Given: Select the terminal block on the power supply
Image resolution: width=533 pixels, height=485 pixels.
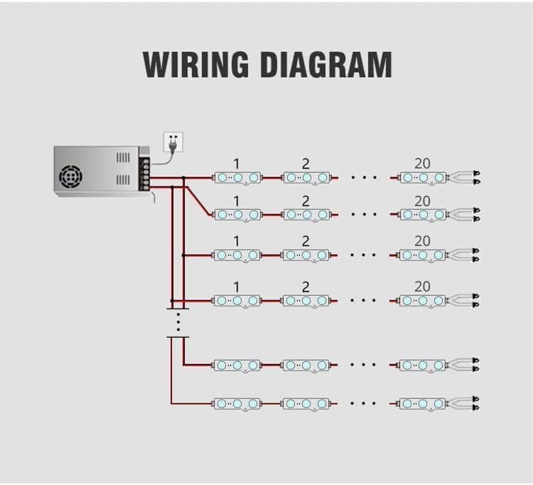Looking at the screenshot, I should click(x=146, y=174).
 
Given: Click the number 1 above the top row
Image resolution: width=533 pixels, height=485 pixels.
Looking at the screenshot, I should click(x=236, y=163).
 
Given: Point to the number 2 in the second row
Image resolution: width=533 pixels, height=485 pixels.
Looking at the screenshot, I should click(x=306, y=201).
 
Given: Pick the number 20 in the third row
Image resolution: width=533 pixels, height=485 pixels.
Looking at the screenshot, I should click(x=422, y=242).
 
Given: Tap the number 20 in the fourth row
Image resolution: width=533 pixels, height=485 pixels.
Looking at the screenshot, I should click(x=422, y=286).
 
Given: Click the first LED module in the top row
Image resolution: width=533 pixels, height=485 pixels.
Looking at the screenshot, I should click(x=237, y=177).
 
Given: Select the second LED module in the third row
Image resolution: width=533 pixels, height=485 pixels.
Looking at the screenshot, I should click(x=306, y=255).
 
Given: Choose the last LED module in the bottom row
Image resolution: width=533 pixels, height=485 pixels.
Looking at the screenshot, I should click(x=423, y=403).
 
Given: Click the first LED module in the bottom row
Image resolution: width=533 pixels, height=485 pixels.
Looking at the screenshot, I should click(x=237, y=403).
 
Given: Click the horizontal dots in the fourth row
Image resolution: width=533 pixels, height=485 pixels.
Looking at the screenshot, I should click(x=363, y=300).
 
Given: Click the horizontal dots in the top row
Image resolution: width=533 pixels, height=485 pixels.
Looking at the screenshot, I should click(x=363, y=177).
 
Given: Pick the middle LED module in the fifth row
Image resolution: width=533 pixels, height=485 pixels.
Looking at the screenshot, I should click(x=306, y=365).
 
